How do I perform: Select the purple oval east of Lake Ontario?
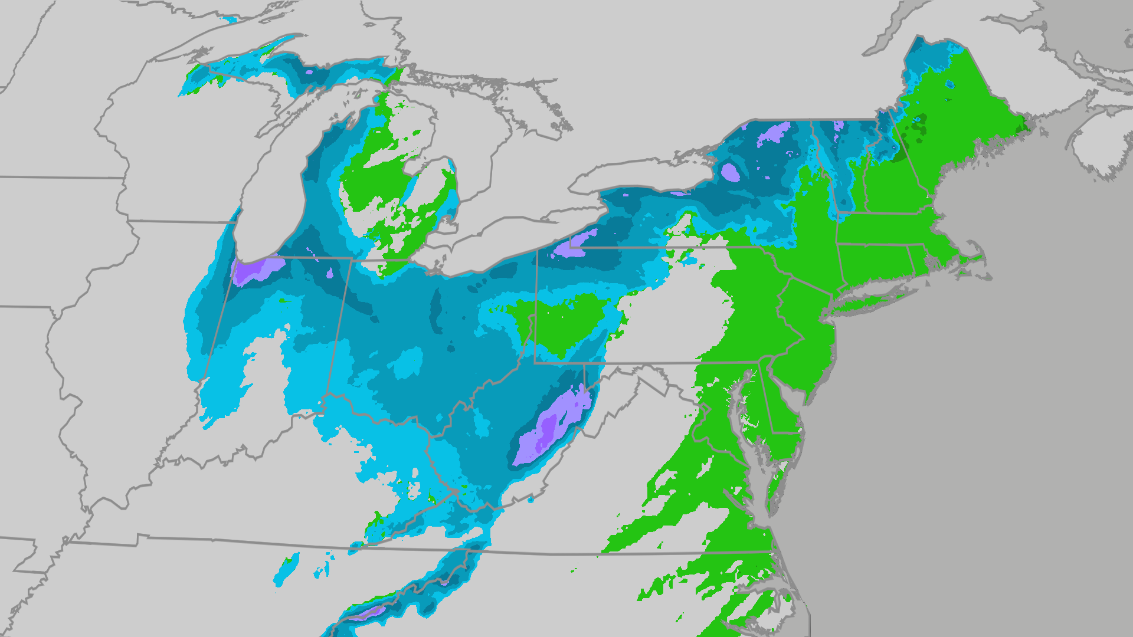coord(731,172)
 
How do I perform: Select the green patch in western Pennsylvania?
coord(566,324)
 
